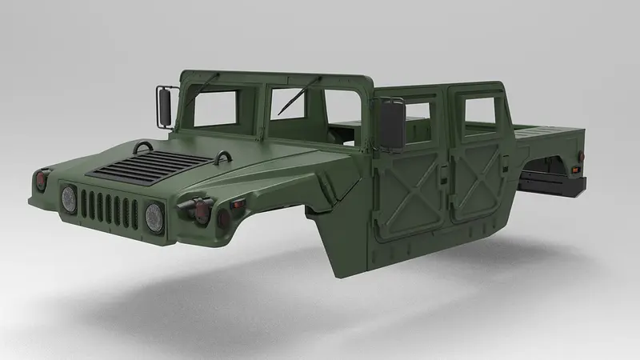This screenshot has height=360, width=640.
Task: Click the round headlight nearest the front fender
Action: point(154,214)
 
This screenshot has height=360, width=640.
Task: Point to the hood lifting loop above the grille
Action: point(144,146)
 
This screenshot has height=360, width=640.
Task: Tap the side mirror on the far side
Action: point(165,106)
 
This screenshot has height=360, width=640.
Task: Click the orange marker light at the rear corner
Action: point(575,169)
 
